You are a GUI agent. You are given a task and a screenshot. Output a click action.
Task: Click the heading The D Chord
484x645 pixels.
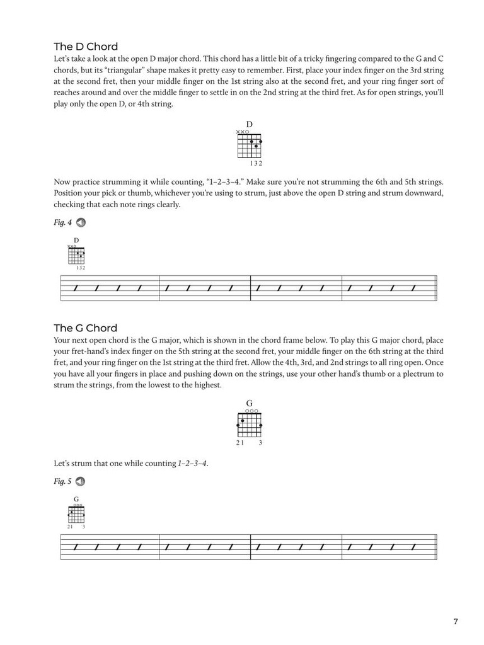[x=86, y=47]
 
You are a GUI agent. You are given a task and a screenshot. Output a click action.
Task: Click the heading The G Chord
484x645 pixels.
[x=86, y=328]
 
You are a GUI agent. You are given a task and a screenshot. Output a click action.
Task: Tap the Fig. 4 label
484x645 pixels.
[x=63, y=222]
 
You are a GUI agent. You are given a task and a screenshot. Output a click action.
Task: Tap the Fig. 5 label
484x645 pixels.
[x=63, y=482]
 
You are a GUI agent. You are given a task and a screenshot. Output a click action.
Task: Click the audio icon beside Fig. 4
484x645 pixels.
[x=81, y=222]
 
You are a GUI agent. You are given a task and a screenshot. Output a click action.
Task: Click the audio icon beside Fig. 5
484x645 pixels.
[x=81, y=482]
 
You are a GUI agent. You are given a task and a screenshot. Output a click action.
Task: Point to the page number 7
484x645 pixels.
[x=456, y=622]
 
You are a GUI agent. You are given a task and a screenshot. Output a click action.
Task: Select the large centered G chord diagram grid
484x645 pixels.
[x=250, y=425]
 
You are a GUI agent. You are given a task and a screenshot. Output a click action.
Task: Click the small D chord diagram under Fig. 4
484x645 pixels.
[x=76, y=256]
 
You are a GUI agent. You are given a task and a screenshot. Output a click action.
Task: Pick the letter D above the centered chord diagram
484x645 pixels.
[x=250, y=125]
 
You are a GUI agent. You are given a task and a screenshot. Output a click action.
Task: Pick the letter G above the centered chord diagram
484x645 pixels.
[x=250, y=403]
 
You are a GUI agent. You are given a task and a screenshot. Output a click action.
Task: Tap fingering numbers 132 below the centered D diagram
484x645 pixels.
[x=256, y=164]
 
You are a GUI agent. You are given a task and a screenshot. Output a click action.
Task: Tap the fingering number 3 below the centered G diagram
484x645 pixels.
[x=260, y=443]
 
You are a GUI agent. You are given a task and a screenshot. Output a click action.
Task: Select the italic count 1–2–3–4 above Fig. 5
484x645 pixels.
[x=193, y=464]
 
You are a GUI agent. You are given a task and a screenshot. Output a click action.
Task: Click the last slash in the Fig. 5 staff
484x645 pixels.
[x=413, y=547]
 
